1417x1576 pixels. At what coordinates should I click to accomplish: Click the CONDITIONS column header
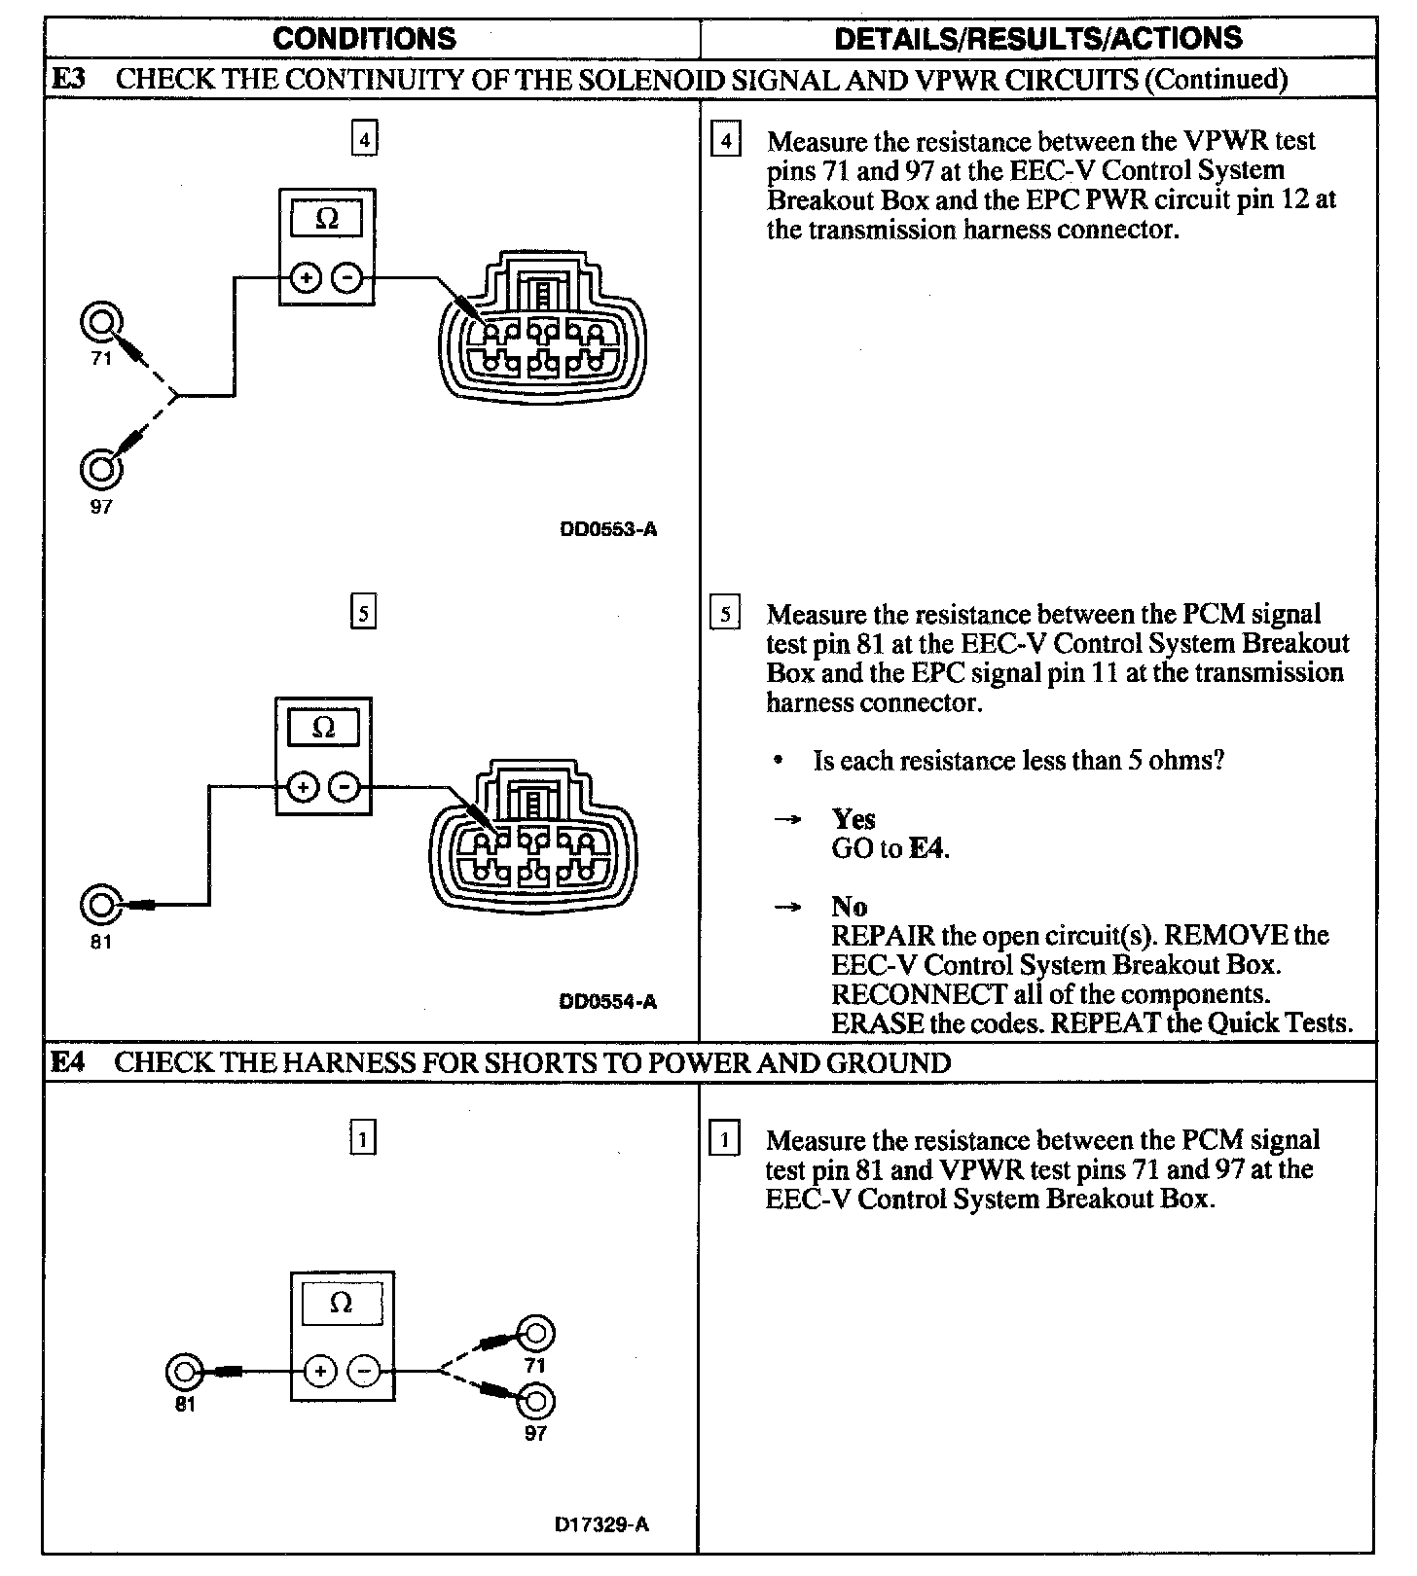pyautogui.click(x=364, y=39)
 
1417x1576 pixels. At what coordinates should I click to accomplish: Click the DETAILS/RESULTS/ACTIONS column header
pyautogui.click(x=1037, y=39)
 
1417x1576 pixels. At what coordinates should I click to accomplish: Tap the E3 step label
pyautogui.click(x=67, y=79)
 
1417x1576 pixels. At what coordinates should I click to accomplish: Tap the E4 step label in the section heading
pyautogui.click(x=67, y=1062)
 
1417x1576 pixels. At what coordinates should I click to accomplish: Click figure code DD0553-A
pyautogui.click(x=608, y=530)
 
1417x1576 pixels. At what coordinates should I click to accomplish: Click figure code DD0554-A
pyautogui.click(x=608, y=1002)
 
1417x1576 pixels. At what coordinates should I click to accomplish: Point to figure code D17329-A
pyautogui.click(x=601, y=1525)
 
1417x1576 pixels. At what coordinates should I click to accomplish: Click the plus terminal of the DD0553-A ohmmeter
pyautogui.click(x=307, y=279)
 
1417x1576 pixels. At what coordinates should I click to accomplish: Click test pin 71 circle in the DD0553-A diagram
pyautogui.click(x=100, y=321)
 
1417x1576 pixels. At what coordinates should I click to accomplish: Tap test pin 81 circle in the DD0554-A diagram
pyautogui.click(x=100, y=905)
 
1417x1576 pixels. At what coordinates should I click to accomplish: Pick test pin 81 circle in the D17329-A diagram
pyautogui.click(x=184, y=1372)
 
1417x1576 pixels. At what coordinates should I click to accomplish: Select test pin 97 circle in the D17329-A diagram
pyautogui.click(x=536, y=1402)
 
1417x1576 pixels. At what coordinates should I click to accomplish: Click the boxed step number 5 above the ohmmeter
pyautogui.click(x=363, y=614)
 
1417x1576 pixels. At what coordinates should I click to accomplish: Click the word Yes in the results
pyautogui.click(x=854, y=819)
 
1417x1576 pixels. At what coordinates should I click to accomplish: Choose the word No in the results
pyautogui.click(x=849, y=907)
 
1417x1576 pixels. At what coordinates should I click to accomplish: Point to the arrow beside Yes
pyautogui.click(x=786, y=820)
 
